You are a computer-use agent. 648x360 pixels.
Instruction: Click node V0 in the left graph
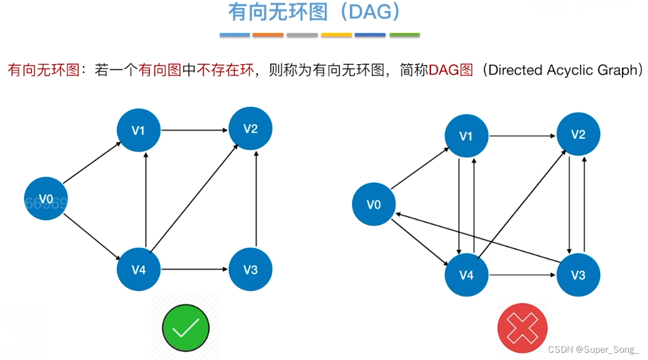click(46, 199)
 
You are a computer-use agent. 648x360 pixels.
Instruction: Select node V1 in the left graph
click(138, 130)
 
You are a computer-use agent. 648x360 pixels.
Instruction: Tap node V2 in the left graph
click(250, 129)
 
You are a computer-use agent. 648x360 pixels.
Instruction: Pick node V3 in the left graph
click(250, 270)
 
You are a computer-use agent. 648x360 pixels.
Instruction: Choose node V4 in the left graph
click(138, 270)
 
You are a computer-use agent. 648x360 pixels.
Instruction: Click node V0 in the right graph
click(373, 204)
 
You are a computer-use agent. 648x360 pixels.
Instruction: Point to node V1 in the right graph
click(466, 135)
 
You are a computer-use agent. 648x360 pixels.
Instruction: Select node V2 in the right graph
click(578, 134)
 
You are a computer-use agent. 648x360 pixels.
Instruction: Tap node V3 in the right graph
click(578, 275)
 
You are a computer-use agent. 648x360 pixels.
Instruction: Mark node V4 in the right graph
click(466, 275)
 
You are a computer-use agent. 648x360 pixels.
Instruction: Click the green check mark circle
click(186, 328)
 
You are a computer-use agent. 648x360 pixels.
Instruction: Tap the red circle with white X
click(522, 328)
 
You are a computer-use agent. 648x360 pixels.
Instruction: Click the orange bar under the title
click(268, 35)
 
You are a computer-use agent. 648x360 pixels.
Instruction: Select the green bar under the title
click(404, 35)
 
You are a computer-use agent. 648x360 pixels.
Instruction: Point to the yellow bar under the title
click(336, 35)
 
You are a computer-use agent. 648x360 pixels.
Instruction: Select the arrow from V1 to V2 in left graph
click(194, 130)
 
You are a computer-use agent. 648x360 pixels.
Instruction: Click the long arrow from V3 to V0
click(478, 238)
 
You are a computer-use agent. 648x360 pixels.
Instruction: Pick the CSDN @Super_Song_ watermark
click(593, 350)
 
